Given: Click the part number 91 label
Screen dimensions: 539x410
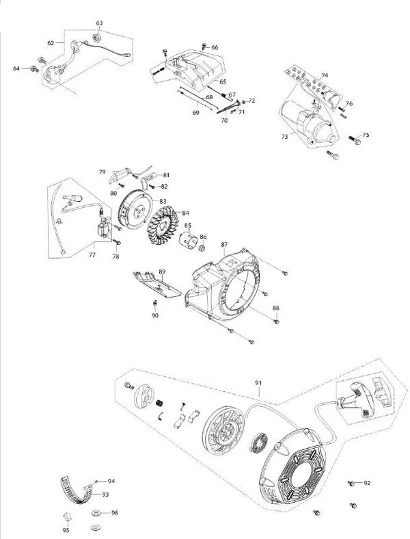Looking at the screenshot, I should click(x=258, y=382).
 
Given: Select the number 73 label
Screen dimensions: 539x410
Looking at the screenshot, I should click(x=284, y=137).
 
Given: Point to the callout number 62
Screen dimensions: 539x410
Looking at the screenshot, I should click(x=51, y=42).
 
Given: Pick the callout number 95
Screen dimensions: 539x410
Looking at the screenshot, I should click(x=66, y=529).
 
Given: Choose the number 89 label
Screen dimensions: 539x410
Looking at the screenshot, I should click(x=162, y=272).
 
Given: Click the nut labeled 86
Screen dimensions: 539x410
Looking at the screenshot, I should click(x=203, y=248).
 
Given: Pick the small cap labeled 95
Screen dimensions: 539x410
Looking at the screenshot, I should click(x=67, y=515).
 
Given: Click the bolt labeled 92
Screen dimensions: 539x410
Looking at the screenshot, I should click(x=352, y=484).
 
